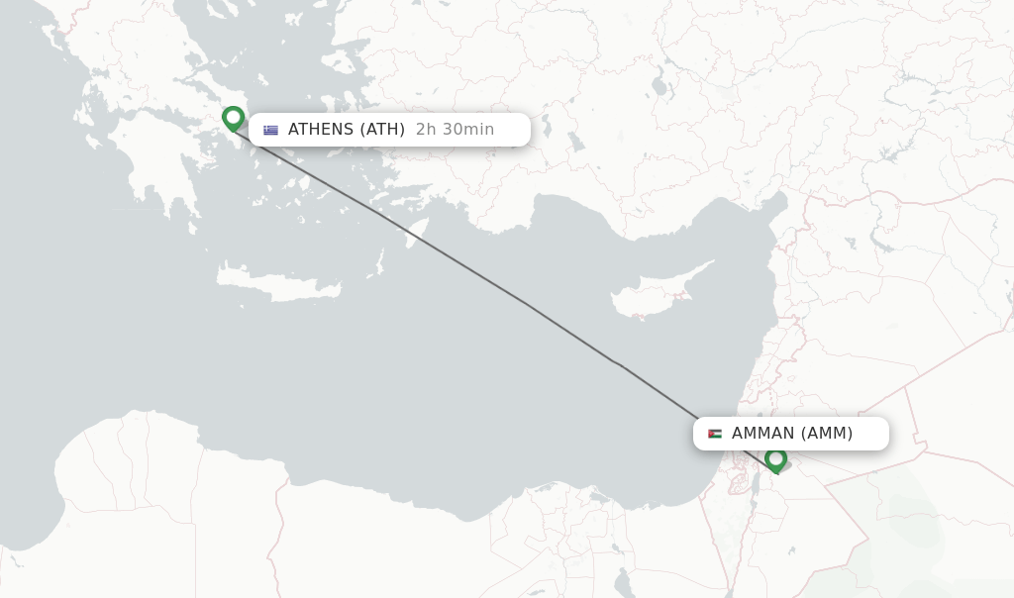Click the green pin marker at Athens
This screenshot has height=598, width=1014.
point(233,119)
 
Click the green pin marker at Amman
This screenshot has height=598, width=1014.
point(775,459)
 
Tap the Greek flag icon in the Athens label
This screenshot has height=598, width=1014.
point(270,130)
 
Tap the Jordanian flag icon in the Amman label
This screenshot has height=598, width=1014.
point(715,434)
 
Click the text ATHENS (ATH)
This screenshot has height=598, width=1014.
point(346,130)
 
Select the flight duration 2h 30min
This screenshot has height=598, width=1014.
point(455,130)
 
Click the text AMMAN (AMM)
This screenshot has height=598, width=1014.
point(792,434)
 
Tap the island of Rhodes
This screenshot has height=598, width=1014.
point(417,234)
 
